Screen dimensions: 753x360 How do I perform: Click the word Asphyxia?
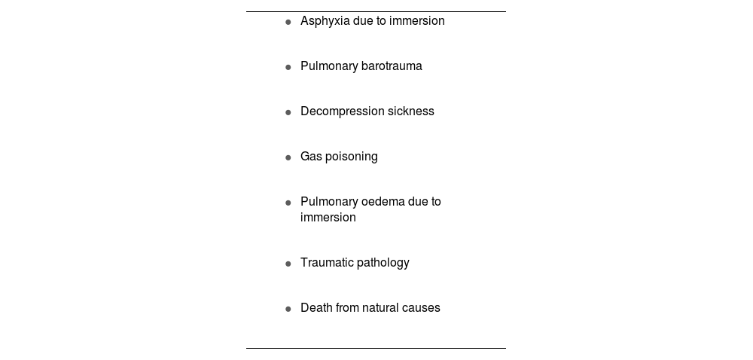(x=325, y=21)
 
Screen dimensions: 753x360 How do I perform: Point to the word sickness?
(x=410, y=111)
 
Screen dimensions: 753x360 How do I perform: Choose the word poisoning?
(x=351, y=157)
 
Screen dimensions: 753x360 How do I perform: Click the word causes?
(x=422, y=308)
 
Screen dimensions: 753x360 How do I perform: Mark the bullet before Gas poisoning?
(x=288, y=157)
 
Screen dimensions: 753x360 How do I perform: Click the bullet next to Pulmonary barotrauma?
(x=288, y=67)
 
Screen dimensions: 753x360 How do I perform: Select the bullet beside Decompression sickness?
(x=288, y=112)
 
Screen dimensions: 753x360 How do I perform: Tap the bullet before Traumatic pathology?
(x=288, y=264)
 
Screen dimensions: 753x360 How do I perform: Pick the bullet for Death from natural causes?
(x=288, y=309)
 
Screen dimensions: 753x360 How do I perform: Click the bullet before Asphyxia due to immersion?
(x=288, y=22)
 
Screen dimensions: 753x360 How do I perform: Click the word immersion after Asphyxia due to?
(x=416, y=21)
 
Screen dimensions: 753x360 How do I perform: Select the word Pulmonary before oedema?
(x=328, y=202)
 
